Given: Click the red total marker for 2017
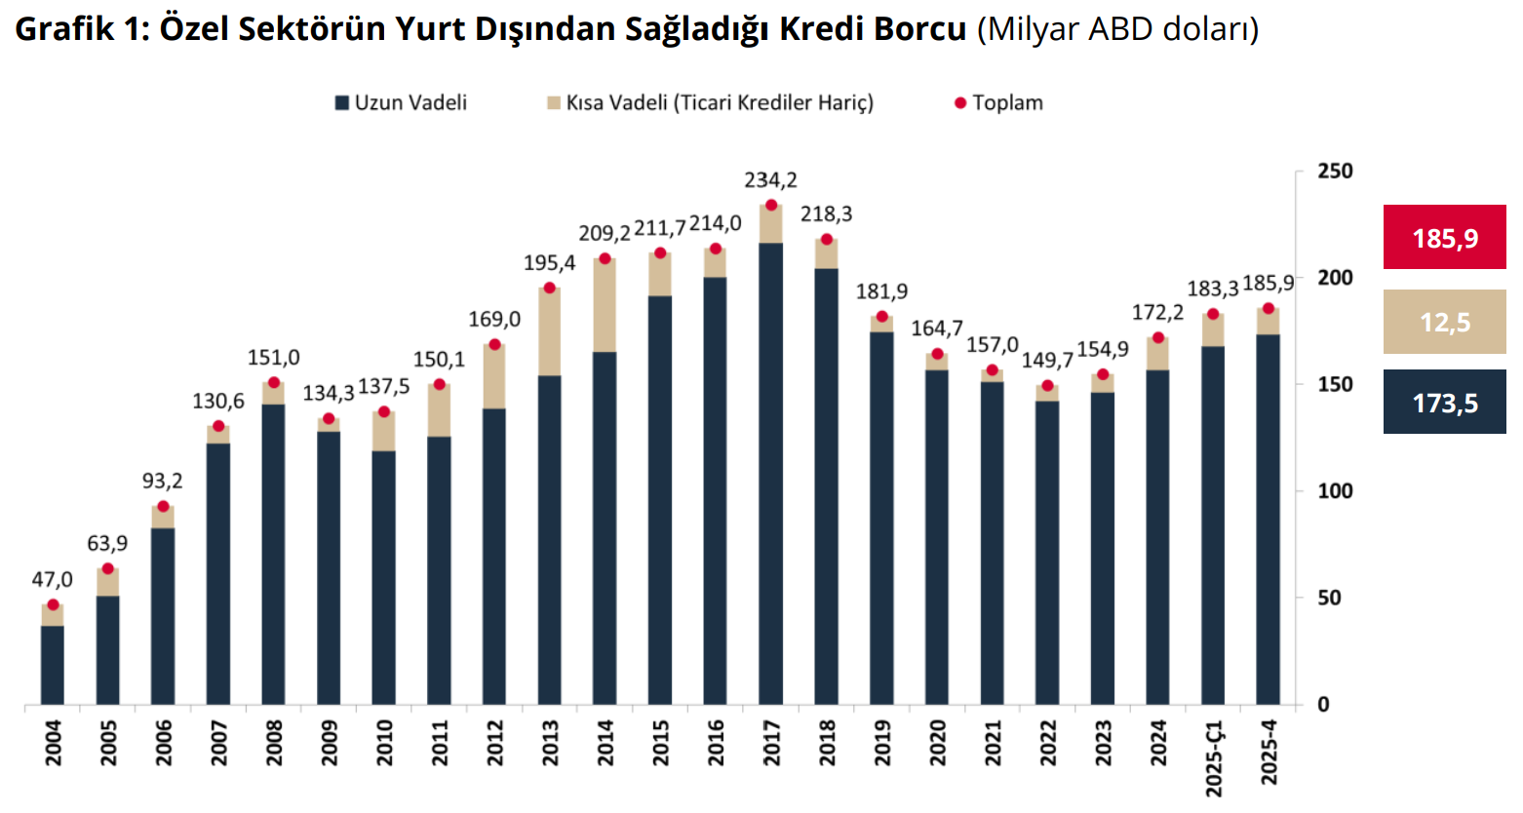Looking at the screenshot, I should tap(771, 205).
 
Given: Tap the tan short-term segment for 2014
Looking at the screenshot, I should tap(605, 305).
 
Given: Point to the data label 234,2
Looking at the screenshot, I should tap(770, 180).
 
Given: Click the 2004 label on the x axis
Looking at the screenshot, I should tap(53, 743).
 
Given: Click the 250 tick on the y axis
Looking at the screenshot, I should tap(1335, 172).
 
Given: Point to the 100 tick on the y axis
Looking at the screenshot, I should tap(1335, 491).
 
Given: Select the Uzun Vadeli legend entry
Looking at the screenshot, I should tap(401, 103).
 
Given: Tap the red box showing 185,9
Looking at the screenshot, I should tap(1444, 238).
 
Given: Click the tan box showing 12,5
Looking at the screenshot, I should tap(1444, 322).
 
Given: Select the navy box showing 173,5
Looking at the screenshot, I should tap(1444, 402).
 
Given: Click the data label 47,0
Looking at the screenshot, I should tap(53, 580).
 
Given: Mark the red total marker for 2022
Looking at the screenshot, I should tap(1048, 385).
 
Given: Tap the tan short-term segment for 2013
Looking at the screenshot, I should tap(550, 331).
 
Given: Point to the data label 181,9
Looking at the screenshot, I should tap(881, 291).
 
